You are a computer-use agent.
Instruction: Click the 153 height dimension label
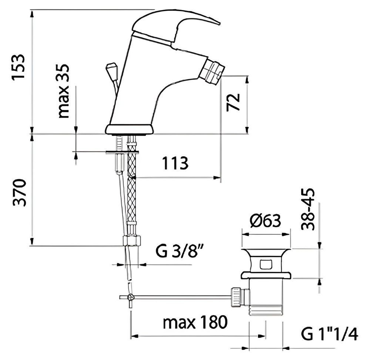(x=18, y=67)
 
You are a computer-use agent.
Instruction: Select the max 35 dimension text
(x=64, y=91)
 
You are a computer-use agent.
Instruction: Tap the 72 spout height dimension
(x=233, y=102)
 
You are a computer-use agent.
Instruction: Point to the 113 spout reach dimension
(x=175, y=163)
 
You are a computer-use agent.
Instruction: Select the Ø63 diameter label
(x=265, y=221)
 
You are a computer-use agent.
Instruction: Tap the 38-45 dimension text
(x=308, y=209)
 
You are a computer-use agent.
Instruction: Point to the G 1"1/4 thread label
(x=330, y=334)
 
